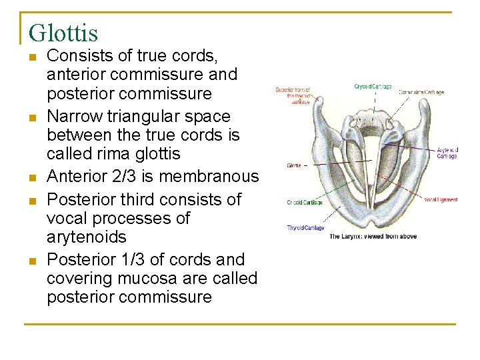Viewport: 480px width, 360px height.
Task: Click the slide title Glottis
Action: (63, 33)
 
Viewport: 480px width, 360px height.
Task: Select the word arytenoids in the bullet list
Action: (87, 237)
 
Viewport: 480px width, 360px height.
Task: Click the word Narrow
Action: (72, 117)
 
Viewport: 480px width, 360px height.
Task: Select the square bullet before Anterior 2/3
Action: (31, 177)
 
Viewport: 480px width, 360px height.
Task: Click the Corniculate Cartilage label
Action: (421, 92)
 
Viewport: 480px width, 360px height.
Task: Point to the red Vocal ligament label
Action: (441, 200)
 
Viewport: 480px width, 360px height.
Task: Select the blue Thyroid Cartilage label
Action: (306, 228)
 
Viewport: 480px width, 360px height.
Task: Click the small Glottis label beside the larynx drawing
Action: (294, 165)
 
